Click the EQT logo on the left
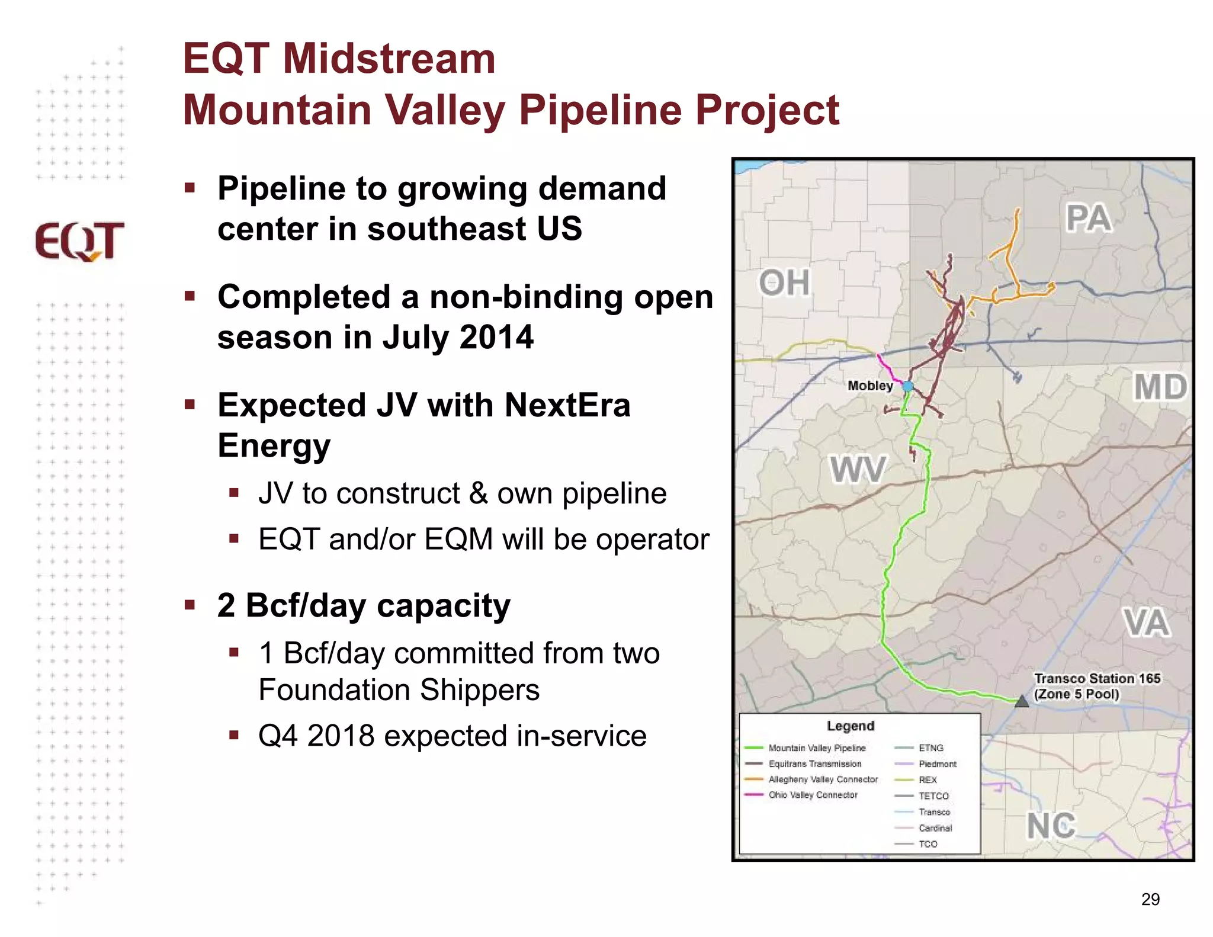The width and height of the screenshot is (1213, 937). (x=79, y=241)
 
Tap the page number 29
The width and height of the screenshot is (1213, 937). (x=1150, y=899)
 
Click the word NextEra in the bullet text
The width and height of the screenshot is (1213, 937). (x=567, y=406)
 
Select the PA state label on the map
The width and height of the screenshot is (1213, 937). (x=1088, y=218)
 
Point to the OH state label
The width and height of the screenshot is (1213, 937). (x=784, y=283)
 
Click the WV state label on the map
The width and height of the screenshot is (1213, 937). (x=857, y=470)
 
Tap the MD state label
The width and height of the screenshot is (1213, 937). (x=1160, y=387)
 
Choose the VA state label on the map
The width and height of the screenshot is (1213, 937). (x=1146, y=622)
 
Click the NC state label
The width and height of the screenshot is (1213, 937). (x=1051, y=826)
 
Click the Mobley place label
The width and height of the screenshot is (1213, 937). (x=869, y=386)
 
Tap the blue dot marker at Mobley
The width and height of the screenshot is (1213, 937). (x=907, y=386)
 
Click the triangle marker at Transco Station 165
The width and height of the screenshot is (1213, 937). (x=1022, y=702)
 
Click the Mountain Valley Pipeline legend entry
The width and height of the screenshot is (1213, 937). (x=816, y=748)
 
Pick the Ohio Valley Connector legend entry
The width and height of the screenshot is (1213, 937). (x=813, y=795)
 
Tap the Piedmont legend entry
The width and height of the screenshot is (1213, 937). (x=937, y=764)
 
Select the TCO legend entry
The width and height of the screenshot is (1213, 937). (x=928, y=844)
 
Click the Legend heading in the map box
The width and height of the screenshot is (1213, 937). (x=850, y=726)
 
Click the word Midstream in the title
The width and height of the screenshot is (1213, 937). (x=389, y=59)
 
